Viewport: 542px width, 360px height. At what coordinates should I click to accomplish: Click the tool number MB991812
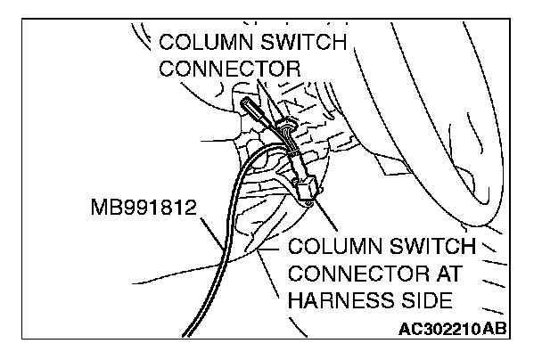pos(144,212)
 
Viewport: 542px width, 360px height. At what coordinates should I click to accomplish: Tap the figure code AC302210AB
pos(449,329)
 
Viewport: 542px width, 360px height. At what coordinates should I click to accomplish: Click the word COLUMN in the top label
pos(199,42)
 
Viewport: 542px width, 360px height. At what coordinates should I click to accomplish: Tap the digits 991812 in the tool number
pos(158,212)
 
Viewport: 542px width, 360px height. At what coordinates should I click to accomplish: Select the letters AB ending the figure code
pos(497,329)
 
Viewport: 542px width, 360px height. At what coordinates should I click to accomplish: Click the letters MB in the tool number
pos(103,212)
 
